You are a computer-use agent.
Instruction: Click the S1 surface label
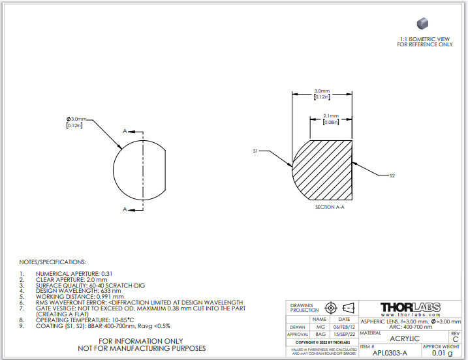[x=255, y=151]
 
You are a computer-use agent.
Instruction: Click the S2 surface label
[x=392, y=175]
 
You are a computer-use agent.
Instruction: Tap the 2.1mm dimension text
[x=331, y=115]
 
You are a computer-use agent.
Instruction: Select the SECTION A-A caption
[x=330, y=207]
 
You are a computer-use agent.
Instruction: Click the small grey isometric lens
[x=422, y=23]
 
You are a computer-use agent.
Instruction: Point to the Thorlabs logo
[x=411, y=307]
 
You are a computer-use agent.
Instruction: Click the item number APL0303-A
[x=390, y=353]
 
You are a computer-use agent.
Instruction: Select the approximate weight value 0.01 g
[x=443, y=353]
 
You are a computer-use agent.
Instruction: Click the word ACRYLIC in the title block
[x=405, y=338]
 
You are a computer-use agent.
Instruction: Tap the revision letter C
[x=455, y=339]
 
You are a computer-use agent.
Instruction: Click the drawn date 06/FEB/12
[x=344, y=327]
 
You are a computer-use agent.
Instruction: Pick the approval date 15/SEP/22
[x=344, y=335]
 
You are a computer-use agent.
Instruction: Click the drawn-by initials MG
[x=320, y=327]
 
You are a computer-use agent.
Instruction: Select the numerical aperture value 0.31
[x=107, y=274]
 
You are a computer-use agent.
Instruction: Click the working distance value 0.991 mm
[x=110, y=297]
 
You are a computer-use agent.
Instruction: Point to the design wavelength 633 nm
[x=111, y=291]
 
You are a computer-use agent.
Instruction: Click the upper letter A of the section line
[x=125, y=131]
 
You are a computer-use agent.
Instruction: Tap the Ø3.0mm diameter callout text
[x=76, y=119]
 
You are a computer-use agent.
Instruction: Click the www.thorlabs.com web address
[x=411, y=315]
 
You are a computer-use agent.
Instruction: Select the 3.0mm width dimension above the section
[x=322, y=91]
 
